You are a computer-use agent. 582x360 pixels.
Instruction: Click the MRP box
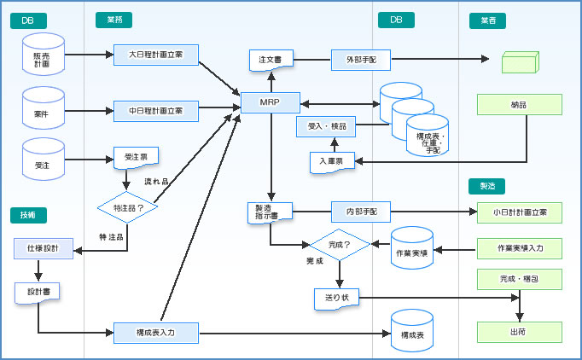tap(271, 103)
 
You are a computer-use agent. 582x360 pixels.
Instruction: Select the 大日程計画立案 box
tap(156, 55)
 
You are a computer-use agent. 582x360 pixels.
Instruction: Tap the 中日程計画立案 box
tap(156, 111)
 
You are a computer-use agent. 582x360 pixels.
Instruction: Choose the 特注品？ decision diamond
tap(127, 207)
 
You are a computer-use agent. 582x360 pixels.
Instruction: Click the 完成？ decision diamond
tap(339, 244)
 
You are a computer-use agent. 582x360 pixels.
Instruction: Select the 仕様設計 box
tap(43, 249)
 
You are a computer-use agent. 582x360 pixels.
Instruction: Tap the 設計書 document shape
tap(37, 292)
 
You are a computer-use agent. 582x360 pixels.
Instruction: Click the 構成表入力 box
tap(156, 333)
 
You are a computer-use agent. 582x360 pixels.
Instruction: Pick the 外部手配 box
tap(360, 60)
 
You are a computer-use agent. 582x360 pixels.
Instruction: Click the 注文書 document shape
tap(271, 61)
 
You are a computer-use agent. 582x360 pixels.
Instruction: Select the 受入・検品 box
tap(326, 126)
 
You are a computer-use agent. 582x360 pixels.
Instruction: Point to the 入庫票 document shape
tap(331, 161)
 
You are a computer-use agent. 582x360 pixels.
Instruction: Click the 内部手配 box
tap(360, 210)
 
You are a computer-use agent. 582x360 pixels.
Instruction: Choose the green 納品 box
tap(519, 104)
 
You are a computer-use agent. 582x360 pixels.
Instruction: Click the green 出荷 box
tap(519, 332)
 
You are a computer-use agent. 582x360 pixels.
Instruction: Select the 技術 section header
tap(28, 215)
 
